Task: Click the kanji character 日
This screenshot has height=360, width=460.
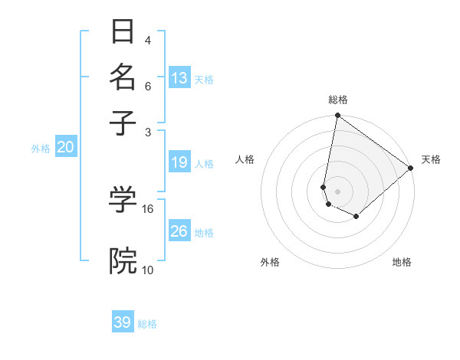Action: [x=123, y=32]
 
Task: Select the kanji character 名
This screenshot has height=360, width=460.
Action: [x=123, y=77]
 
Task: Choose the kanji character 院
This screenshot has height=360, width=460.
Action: [x=123, y=261]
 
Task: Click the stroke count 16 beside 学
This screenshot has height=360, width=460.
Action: [x=148, y=208]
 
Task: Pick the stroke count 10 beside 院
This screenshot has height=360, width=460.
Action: [x=148, y=270]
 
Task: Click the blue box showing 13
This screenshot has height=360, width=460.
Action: [x=179, y=77]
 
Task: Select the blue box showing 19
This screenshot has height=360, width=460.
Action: [x=179, y=162]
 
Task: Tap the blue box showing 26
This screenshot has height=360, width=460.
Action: [x=179, y=231]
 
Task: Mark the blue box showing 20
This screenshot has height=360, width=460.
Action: [x=65, y=148]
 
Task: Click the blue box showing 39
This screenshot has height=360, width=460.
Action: [x=123, y=322]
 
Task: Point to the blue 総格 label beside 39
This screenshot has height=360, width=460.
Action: [x=147, y=324]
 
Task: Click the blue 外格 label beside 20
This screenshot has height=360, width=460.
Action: [x=41, y=149]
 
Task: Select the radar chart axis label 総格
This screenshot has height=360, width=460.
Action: [x=338, y=100]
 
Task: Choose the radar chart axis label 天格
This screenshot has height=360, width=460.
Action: [x=431, y=159]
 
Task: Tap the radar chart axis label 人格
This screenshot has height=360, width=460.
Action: [x=245, y=159]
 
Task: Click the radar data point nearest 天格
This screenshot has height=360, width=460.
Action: [x=411, y=169]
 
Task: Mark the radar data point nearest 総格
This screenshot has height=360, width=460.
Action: [x=337, y=116]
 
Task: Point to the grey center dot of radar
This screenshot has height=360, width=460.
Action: [x=337, y=191]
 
